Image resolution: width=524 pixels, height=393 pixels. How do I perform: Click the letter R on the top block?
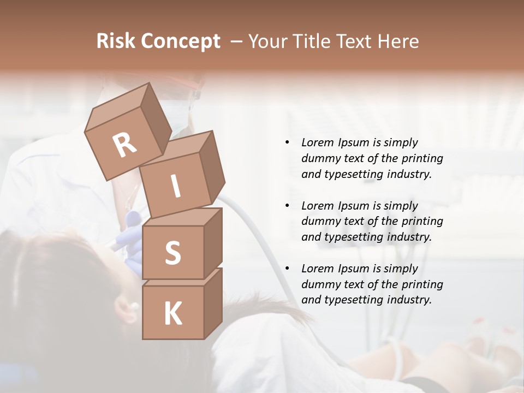click(124, 144)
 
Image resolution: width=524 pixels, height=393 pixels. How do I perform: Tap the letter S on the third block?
click(172, 253)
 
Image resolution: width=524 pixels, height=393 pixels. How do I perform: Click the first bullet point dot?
click(287, 142)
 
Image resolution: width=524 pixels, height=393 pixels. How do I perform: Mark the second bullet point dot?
click(287, 206)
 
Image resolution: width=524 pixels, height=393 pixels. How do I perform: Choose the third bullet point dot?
click(287, 269)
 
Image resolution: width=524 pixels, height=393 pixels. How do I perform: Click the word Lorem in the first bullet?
click(317, 142)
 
